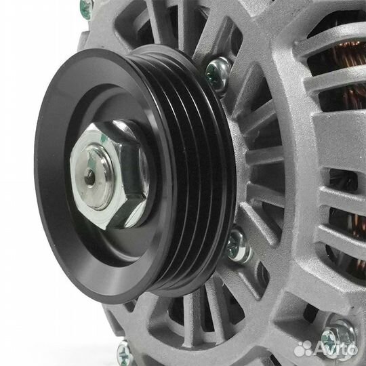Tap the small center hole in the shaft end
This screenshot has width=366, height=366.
click(x=90, y=178)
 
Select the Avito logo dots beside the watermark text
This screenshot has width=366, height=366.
click(x=304, y=348)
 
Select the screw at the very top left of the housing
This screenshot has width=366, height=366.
click(x=86, y=8)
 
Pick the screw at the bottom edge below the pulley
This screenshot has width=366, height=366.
click(x=123, y=351)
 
